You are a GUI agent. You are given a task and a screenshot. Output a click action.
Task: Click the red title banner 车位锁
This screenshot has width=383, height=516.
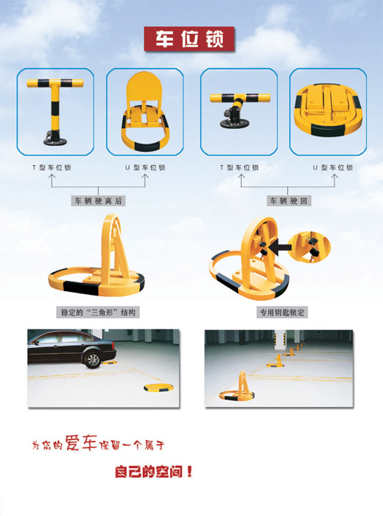(191, 38)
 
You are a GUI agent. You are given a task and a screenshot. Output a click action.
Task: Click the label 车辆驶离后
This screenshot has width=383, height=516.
(98, 201)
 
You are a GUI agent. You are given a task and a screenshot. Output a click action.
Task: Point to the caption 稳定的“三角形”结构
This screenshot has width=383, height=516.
(99, 313)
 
